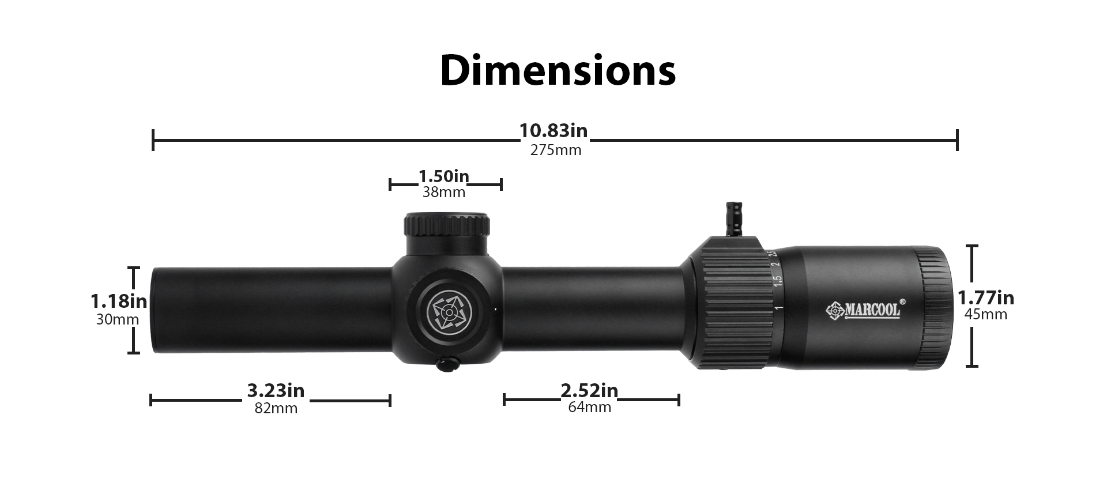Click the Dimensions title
tap(558, 70)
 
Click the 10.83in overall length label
tap(553, 131)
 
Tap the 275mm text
tap(556, 150)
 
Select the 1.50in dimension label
tap(443, 176)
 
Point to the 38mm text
tap(444, 193)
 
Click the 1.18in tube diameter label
tap(118, 301)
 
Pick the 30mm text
tap(118, 319)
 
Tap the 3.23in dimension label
tap(276, 390)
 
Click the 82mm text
tap(276, 409)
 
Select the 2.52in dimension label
tap(589, 390)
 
